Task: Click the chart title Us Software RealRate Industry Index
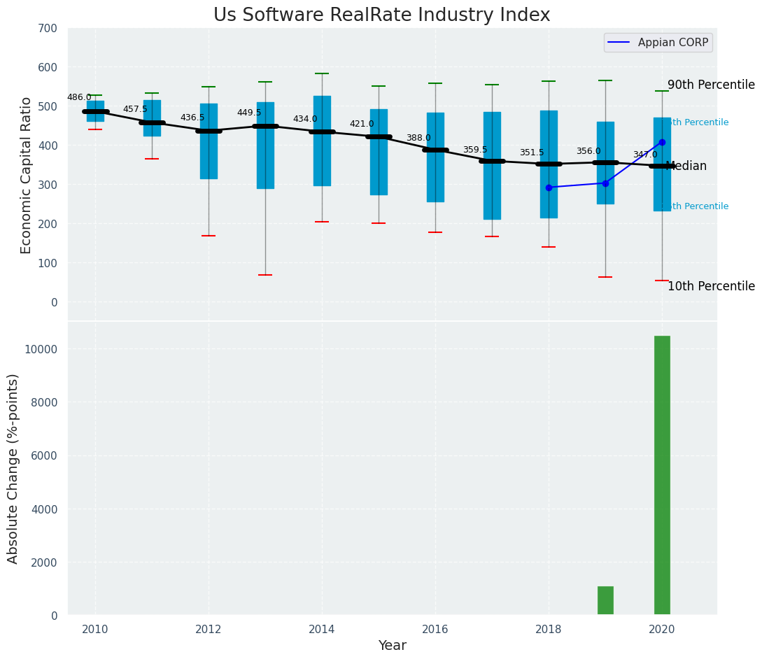point(381,15)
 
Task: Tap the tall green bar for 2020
point(662,475)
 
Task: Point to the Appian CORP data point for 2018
point(549,187)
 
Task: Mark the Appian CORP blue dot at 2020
point(662,143)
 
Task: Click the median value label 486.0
point(79,98)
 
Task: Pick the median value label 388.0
point(418,139)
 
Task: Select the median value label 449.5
point(249,113)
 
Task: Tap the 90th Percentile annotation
point(711,85)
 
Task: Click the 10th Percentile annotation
point(711,287)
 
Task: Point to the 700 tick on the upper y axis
point(48,29)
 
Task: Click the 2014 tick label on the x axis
point(322,630)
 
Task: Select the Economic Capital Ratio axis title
point(27,175)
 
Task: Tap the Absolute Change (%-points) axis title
point(13,468)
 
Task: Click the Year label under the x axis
point(392,646)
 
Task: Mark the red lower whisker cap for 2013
point(265,275)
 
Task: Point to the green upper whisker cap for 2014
point(322,73)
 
